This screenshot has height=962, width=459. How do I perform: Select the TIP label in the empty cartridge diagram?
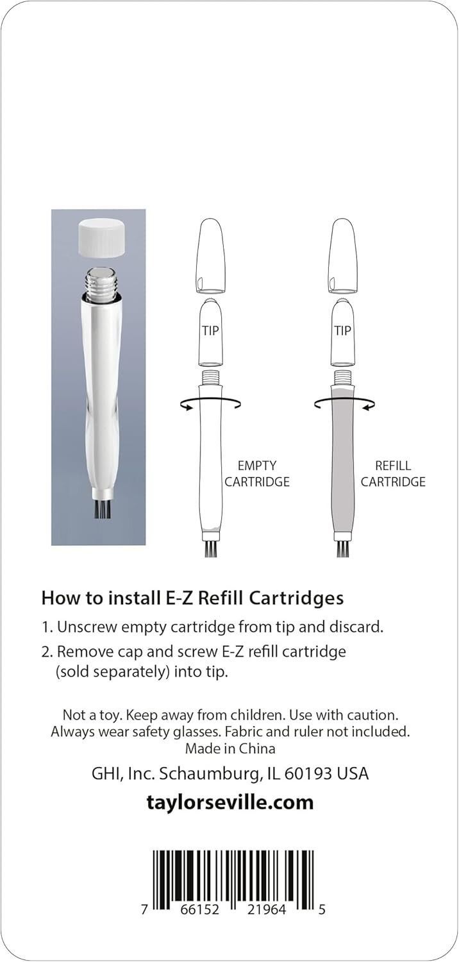[x=210, y=331]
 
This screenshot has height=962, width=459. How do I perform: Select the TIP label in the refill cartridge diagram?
[x=342, y=331]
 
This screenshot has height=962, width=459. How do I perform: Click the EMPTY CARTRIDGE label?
[x=257, y=474]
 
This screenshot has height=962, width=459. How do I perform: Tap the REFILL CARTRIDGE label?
[x=393, y=474]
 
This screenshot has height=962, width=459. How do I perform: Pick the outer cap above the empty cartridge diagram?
[x=210, y=257]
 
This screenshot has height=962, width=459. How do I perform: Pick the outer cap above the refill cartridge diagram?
[x=343, y=257]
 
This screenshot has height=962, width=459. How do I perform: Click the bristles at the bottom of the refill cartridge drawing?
[x=343, y=549]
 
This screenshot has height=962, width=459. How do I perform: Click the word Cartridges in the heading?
[x=296, y=598]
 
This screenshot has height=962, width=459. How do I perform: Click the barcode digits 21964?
[x=263, y=909]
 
